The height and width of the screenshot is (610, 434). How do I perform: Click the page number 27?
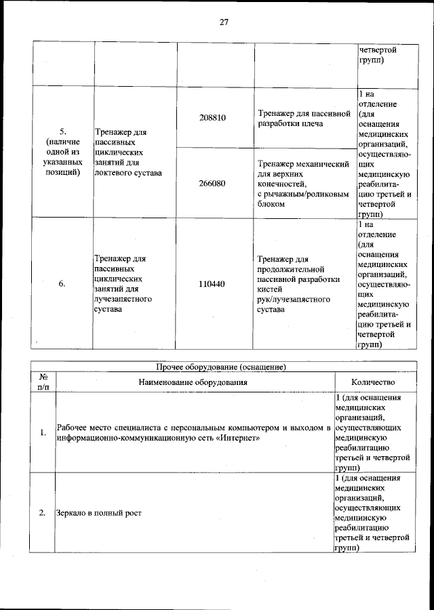tap(224, 22)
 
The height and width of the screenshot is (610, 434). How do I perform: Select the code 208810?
tap(212, 117)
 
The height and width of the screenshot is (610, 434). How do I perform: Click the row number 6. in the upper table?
tap(62, 285)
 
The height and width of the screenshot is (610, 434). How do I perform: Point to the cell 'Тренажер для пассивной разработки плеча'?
tap(304, 117)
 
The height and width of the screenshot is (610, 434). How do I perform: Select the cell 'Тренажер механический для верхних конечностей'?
tap(304, 183)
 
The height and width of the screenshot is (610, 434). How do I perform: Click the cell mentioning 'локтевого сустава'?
tap(129, 150)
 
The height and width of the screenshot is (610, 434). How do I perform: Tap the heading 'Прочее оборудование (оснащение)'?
tap(222, 367)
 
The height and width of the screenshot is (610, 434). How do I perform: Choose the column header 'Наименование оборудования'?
tap(193, 382)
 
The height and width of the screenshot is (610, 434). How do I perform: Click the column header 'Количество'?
tap(373, 382)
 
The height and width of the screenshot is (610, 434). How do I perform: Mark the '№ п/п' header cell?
tap(43, 382)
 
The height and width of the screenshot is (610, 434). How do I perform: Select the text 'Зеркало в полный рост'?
tap(99, 512)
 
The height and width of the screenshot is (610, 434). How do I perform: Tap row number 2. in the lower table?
tap(43, 512)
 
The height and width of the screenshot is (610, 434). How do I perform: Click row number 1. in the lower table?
tap(43, 433)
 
